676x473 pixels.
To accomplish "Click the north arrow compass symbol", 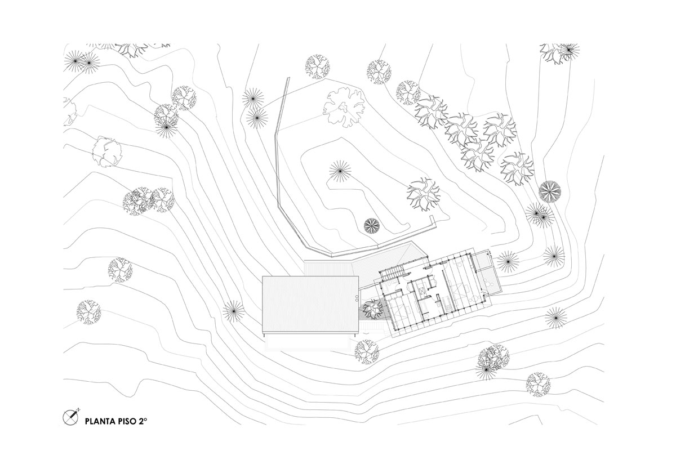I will (x=70, y=417).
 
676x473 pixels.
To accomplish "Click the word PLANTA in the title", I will (x=100, y=421).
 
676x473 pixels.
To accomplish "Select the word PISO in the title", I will (x=127, y=421).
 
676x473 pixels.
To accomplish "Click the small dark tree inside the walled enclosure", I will (x=371, y=226).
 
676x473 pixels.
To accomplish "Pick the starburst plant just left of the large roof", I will (x=233, y=310).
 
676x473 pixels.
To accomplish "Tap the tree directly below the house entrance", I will (x=366, y=351).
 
